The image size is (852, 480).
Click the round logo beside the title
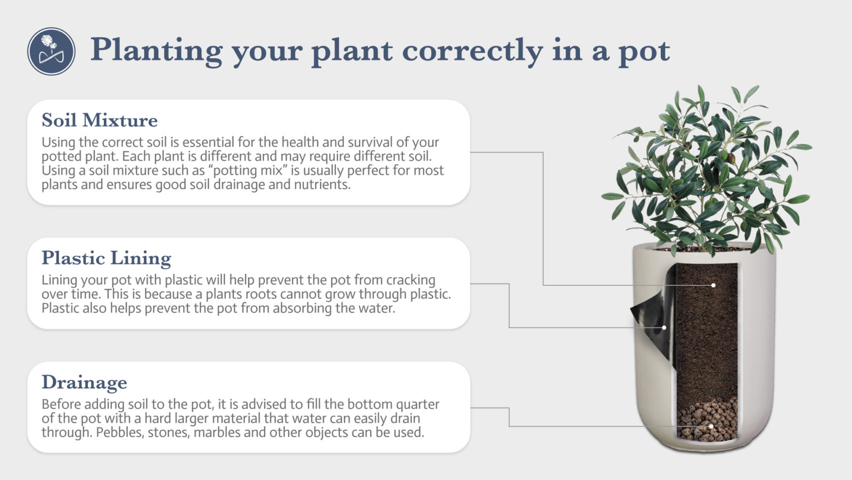(51, 51)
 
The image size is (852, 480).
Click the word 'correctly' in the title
(472, 51)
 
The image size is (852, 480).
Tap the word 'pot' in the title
(643, 52)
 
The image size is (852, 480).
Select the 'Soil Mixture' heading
(100, 120)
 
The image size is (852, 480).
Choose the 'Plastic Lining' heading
(106, 258)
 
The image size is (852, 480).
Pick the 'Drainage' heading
(84, 382)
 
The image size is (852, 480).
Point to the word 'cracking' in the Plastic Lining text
(411, 280)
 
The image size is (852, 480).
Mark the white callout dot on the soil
(713, 285)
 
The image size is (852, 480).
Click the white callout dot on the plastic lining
(664, 327)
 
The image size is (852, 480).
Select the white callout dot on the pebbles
(711, 427)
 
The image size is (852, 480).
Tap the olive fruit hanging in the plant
(731, 158)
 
